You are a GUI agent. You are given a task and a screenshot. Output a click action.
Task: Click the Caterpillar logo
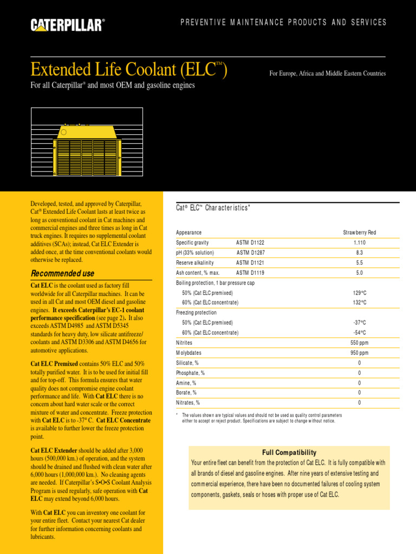point(68,24)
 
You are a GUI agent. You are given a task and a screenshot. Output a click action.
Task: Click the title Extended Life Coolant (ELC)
point(128,70)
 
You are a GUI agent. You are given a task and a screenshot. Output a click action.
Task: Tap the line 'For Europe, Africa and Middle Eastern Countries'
point(327,74)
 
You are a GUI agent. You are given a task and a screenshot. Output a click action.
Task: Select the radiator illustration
point(87,149)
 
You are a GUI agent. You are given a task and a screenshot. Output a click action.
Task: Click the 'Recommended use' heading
point(62,273)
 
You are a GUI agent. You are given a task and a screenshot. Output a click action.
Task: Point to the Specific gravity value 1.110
point(360,243)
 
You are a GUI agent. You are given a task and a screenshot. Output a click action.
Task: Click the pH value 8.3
point(360,253)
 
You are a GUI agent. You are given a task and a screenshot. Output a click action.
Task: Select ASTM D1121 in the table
point(250,262)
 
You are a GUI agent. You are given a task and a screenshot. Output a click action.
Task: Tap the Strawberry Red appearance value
point(360,233)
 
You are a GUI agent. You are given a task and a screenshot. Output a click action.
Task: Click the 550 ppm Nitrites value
point(360,342)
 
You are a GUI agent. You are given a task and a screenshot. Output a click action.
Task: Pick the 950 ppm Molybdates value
point(360,353)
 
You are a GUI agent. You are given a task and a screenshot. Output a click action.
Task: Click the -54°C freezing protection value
point(360,333)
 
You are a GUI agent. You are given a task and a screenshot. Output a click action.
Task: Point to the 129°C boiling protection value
point(360,293)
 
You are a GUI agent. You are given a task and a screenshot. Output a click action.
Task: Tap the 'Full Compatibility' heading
point(289,452)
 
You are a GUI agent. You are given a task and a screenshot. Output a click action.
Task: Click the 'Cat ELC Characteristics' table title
point(213,208)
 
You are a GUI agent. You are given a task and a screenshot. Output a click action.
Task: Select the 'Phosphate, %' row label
point(190,373)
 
